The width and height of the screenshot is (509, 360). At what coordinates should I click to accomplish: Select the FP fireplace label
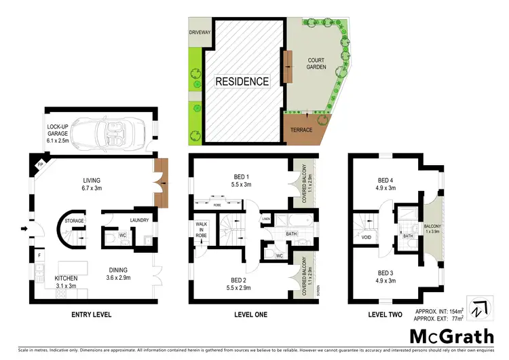tap(41, 165)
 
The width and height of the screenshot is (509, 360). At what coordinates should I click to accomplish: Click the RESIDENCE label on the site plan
tap(242, 82)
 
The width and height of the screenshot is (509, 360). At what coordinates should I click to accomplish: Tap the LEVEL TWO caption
tap(385, 315)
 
